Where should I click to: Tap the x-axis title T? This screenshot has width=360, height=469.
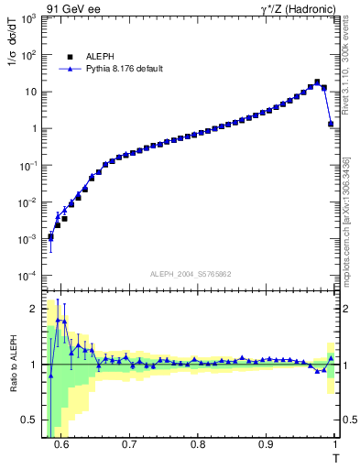coord(335,458)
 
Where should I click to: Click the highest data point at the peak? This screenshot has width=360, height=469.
coord(317,82)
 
